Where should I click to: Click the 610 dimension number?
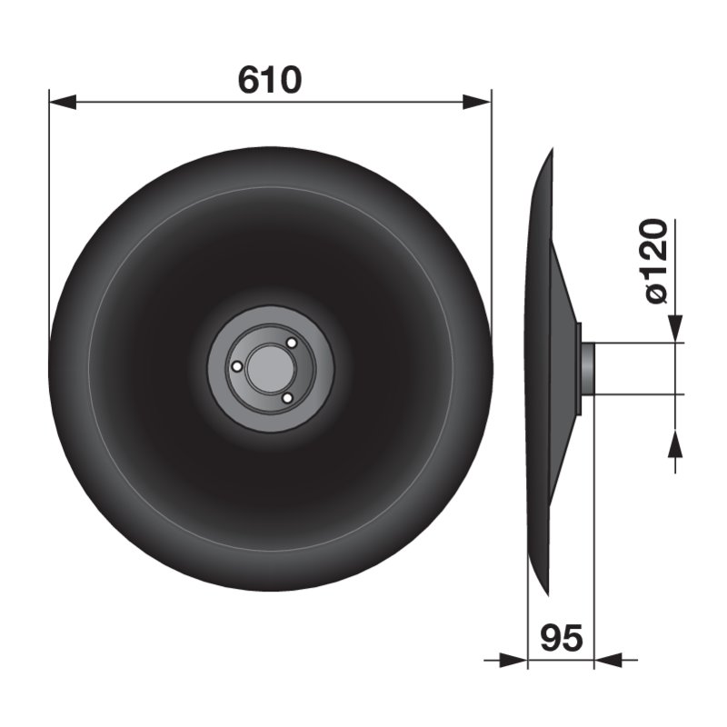pos(270,80)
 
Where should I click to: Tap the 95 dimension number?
pos(561,638)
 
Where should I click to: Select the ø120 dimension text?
pos(657,261)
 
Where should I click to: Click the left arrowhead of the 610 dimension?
pos(63,102)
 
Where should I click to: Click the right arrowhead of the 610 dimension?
pos(477,102)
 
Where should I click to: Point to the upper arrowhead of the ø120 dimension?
pos(675,328)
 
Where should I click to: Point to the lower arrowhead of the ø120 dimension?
pos(675,443)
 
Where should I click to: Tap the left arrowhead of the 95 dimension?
pos(514,660)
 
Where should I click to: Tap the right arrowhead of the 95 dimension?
pos(607,660)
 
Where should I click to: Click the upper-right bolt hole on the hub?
pos(292,344)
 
